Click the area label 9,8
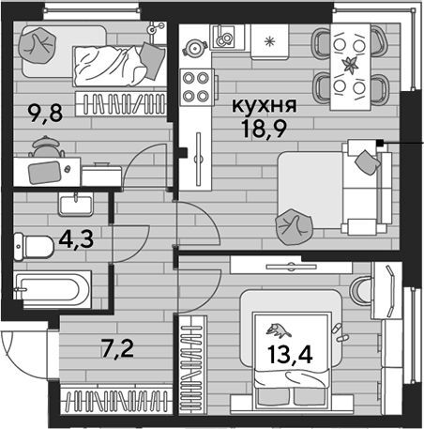pos(45,114)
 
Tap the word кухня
pos(265,105)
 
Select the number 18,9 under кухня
pos(265,129)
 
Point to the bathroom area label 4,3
pos(76,239)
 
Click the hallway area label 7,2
pos(117,348)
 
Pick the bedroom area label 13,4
pos(290,355)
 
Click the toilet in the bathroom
pos(33,247)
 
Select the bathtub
pos(53,290)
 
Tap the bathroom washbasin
pos(75,204)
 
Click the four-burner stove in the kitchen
pos(196,86)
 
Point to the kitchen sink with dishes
pos(223,37)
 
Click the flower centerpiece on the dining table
pos(350,65)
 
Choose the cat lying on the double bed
pos(279,330)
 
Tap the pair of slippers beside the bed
pos(340,332)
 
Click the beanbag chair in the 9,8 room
pos(37,45)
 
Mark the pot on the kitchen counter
pos(195,48)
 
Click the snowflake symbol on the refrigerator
pos(269,41)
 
